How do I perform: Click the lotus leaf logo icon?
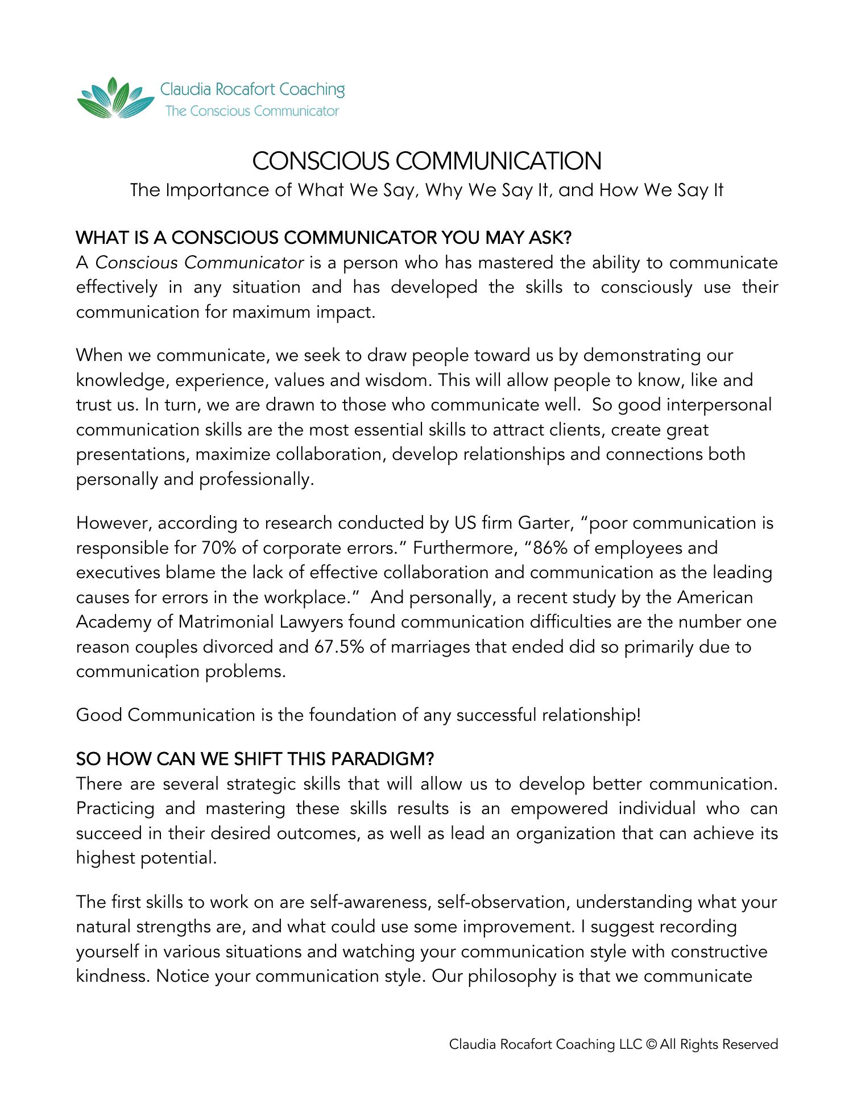[x=115, y=98]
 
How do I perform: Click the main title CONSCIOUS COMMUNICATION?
[x=426, y=161]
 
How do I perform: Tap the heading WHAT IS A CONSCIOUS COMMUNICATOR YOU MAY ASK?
[x=324, y=238]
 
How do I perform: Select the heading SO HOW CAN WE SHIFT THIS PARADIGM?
[x=255, y=759]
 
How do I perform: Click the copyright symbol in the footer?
[x=652, y=1044]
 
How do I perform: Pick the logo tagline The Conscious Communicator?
[x=252, y=111]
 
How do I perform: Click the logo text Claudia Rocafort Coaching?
[x=252, y=89]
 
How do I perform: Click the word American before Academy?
[x=715, y=597]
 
